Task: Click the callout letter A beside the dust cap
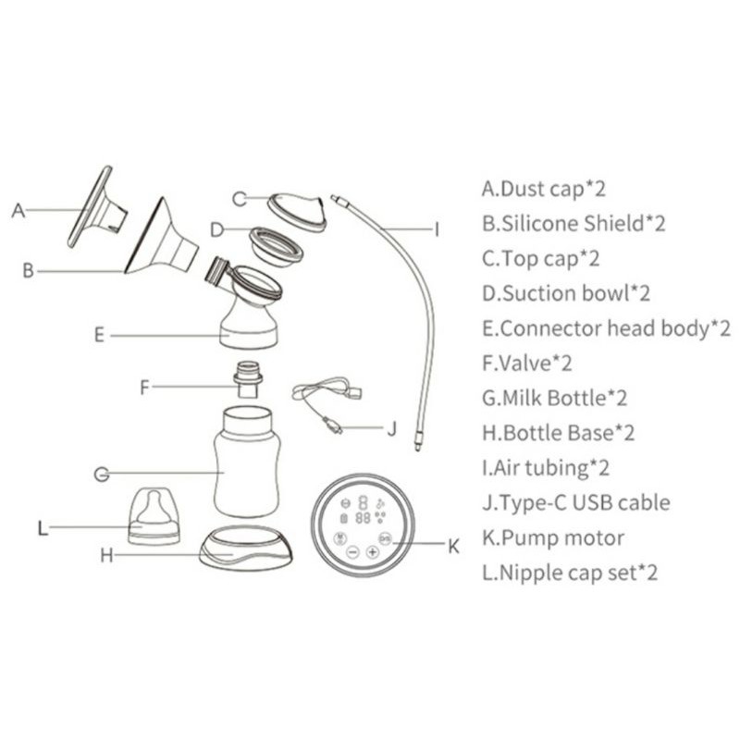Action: pyautogui.click(x=18, y=210)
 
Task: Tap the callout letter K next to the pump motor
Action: pyautogui.click(x=453, y=547)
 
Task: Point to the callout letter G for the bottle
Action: pyautogui.click(x=102, y=474)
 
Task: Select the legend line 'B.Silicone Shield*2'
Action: pyautogui.click(x=573, y=223)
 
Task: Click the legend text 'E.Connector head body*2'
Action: pyautogui.click(x=606, y=328)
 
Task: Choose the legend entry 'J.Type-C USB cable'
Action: pyautogui.click(x=575, y=503)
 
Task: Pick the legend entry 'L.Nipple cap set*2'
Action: pyautogui.click(x=570, y=573)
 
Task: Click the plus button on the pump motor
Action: pyautogui.click(x=373, y=551)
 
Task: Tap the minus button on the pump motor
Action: pyautogui.click(x=352, y=551)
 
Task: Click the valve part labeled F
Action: pyautogui.click(x=248, y=379)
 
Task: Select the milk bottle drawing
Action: pyautogui.click(x=247, y=462)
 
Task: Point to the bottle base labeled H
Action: pyautogui.click(x=245, y=548)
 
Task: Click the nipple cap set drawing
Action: pyautogui.click(x=154, y=516)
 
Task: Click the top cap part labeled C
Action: pyautogui.click(x=297, y=211)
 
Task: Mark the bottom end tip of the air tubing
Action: pyautogui.click(x=418, y=449)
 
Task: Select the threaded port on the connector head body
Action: pyautogui.click(x=216, y=272)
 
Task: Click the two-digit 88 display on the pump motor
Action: pyautogui.click(x=363, y=518)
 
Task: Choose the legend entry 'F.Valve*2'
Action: pyautogui.click(x=526, y=364)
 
